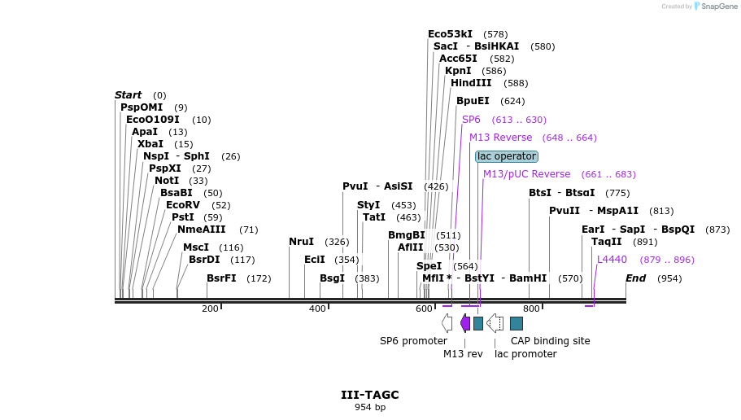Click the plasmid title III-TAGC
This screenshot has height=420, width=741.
click(x=369, y=395)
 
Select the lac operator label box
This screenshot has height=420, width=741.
click(x=507, y=156)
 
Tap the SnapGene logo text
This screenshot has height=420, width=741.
click(x=717, y=7)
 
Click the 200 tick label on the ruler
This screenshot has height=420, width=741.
click(x=210, y=308)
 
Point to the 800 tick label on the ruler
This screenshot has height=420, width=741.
click(x=531, y=308)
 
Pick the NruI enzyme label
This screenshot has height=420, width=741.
click(x=301, y=242)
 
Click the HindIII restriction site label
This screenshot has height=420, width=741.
click(x=471, y=83)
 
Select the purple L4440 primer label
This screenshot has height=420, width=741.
click(x=612, y=260)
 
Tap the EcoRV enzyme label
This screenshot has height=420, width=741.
click(x=182, y=205)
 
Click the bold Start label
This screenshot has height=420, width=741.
click(x=128, y=95)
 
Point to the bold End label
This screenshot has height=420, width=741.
click(x=635, y=278)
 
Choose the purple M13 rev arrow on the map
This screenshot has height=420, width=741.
click(x=465, y=323)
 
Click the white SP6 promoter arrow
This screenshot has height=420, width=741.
click(x=447, y=323)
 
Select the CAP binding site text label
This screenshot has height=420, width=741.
click(x=550, y=341)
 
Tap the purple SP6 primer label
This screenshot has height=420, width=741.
click(x=471, y=120)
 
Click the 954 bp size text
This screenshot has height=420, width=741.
click(x=369, y=407)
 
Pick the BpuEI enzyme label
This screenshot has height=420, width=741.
click(x=473, y=101)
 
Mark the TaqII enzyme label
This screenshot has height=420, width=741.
click(x=606, y=242)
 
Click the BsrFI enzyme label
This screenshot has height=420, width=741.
click(x=221, y=278)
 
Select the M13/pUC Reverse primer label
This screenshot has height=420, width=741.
click(x=526, y=174)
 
